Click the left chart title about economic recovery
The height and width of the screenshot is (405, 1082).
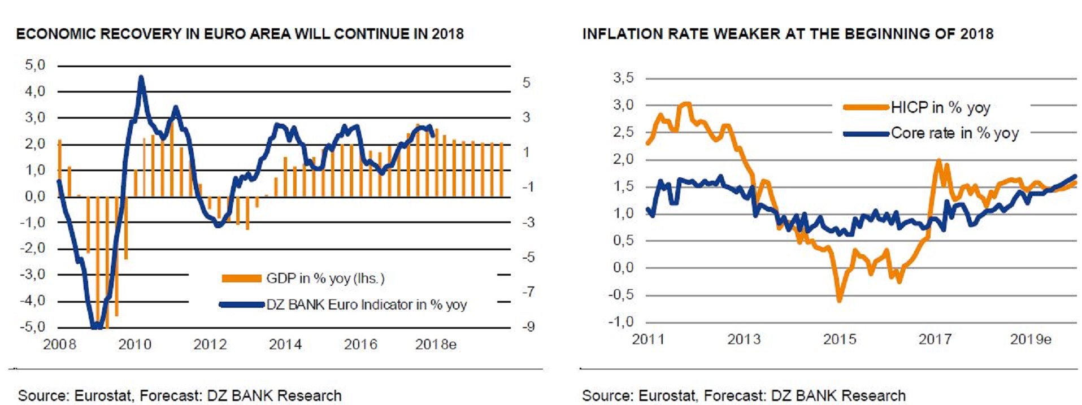point(240,34)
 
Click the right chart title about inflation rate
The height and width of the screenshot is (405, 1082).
point(787,34)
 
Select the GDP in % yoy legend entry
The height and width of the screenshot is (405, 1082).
point(325,278)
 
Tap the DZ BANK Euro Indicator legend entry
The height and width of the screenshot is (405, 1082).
point(366,305)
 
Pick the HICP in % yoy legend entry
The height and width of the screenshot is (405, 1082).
point(940,107)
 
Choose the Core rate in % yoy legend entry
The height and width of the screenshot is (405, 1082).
point(954,133)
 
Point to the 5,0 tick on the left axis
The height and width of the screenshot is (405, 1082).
point(35,66)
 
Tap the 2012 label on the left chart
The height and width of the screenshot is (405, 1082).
point(210,345)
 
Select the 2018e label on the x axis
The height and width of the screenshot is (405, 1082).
point(435,345)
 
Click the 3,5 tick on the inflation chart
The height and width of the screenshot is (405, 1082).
point(623,78)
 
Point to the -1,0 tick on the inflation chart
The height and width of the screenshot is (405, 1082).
point(621,322)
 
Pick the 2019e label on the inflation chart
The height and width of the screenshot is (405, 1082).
point(1030,339)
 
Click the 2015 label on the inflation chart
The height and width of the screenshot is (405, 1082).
point(840,339)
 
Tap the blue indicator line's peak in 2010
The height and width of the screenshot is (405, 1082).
point(141,78)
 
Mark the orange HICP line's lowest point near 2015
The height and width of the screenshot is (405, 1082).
point(839,301)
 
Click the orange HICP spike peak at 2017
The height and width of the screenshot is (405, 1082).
point(938,160)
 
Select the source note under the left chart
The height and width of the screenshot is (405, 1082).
point(180,395)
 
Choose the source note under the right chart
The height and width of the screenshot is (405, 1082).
point(744,395)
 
